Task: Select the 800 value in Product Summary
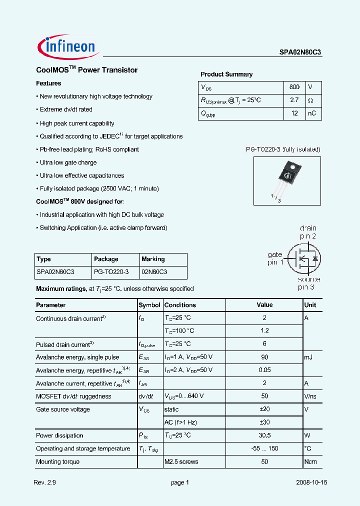point(294,87)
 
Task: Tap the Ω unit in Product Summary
point(310,100)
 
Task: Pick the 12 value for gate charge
point(294,113)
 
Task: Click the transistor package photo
point(287,180)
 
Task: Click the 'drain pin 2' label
point(308,232)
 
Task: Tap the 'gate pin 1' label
point(275,258)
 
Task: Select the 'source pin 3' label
point(309,283)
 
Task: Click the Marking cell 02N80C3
point(154,272)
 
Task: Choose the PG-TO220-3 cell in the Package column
point(111,272)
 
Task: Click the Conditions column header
point(180,305)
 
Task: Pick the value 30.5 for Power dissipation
point(264,435)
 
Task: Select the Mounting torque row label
point(57,461)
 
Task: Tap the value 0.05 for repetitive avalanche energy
point(264,370)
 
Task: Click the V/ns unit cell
point(311,396)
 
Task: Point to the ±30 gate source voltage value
point(264,422)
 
